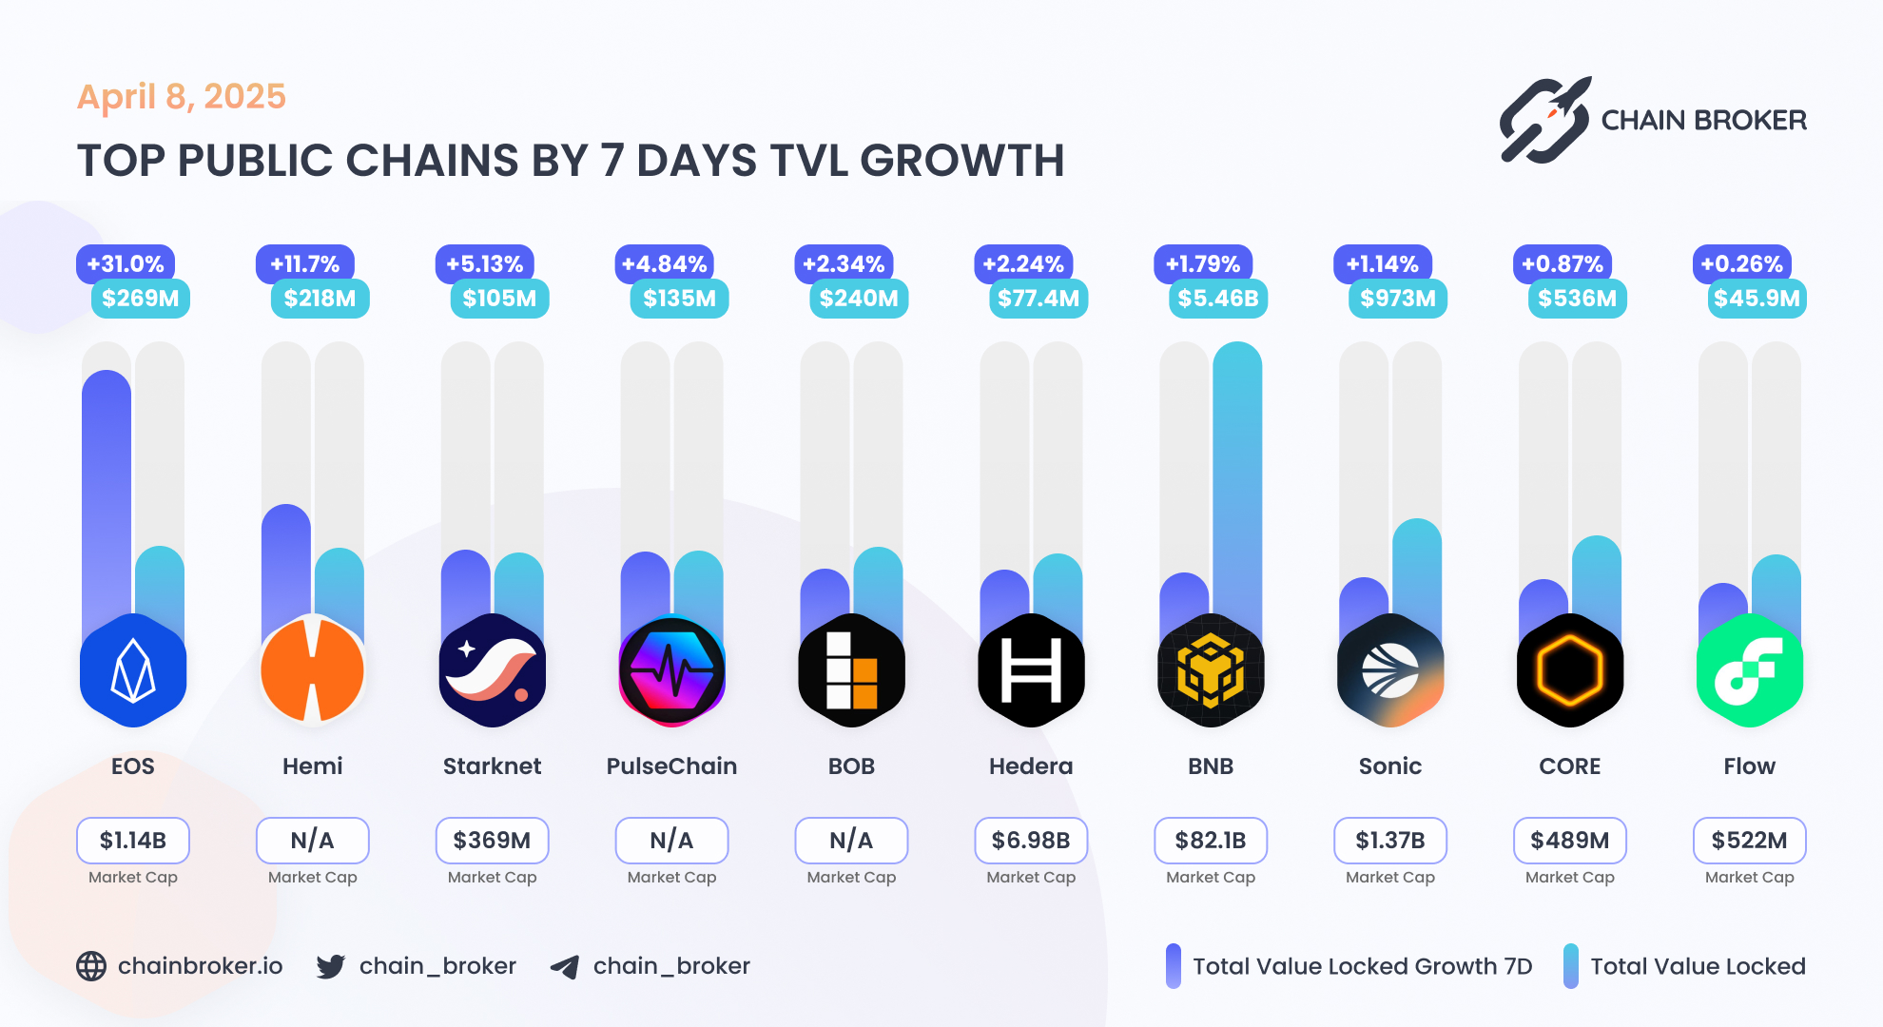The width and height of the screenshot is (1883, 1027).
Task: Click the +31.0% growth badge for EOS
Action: click(126, 264)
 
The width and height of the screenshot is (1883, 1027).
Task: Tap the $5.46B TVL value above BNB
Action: click(1217, 299)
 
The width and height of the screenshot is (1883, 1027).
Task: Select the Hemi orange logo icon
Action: click(312, 670)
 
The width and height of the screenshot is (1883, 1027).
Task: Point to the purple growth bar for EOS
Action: click(107, 494)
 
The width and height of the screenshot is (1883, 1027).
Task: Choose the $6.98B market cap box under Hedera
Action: click(1031, 840)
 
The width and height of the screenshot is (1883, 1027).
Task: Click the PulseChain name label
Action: click(671, 766)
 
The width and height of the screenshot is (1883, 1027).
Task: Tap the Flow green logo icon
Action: click(1749, 670)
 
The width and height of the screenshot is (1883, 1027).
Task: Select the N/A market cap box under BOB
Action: click(851, 840)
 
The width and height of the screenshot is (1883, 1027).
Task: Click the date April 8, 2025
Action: click(181, 97)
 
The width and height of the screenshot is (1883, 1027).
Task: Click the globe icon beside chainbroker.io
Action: click(91, 966)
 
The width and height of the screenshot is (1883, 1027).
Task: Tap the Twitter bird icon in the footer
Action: click(331, 966)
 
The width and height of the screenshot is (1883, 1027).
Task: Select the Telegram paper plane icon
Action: click(565, 967)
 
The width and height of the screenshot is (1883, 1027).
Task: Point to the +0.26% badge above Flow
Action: click(1741, 264)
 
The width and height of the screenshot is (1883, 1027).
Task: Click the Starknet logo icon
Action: click(492, 670)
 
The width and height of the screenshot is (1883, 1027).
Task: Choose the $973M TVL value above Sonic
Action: click(1397, 299)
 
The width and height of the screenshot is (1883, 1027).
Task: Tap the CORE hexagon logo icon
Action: click(1569, 670)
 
